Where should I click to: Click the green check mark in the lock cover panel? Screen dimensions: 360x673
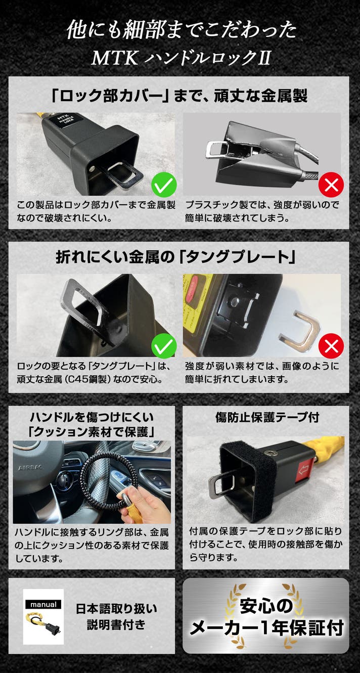click(x=164, y=185)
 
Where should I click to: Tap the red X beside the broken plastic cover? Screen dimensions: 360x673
click(x=331, y=185)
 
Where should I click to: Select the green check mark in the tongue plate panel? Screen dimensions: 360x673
click(x=164, y=346)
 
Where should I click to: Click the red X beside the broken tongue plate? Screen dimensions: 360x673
click(x=331, y=346)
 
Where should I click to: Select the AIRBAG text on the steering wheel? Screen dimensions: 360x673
click(x=31, y=468)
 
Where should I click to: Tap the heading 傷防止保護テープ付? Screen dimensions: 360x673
click(x=267, y=417)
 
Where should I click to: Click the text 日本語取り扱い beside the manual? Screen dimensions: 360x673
click(x=116, y=609)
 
